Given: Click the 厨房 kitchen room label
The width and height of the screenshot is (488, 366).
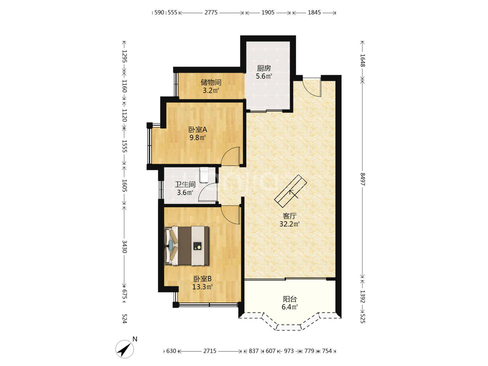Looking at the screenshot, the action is [x=264, y=68].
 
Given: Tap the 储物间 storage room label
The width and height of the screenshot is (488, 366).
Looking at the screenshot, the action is [x=211, y=82].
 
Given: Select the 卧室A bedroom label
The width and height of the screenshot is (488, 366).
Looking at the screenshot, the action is [x=198, y=129].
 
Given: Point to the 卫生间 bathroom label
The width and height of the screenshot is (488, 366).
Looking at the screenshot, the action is [x=185, y=184].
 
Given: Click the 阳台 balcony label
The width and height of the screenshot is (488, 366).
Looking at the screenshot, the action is [x=290, y=299].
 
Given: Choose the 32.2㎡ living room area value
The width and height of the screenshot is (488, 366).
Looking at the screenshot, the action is [x=289, y=224].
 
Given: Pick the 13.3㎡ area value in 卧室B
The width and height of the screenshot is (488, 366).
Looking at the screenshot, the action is [x=202, y=287].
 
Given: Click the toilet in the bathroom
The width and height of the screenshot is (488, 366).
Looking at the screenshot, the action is [x=204, y=175].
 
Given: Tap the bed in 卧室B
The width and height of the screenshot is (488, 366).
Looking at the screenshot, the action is [x=186, y=246].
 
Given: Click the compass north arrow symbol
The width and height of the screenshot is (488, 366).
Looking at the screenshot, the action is [x=124, y=349].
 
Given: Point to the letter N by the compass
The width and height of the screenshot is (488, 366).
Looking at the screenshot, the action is [x=135, y=339].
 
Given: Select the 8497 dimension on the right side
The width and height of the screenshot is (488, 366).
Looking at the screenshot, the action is [x=362, y=179].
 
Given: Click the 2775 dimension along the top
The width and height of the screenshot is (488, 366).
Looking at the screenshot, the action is [x=211, y=13].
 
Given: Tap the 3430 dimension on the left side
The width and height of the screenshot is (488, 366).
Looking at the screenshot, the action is [x=124, y=247].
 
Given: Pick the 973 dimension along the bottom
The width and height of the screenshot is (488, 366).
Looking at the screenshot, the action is [x=289, y=351].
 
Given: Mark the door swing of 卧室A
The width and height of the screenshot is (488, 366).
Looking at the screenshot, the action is [x=230, y=156].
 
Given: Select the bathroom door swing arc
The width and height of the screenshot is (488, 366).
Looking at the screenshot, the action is [x=207, y=192].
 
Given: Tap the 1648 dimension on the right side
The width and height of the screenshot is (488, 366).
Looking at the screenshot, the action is [x=362, y=60].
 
